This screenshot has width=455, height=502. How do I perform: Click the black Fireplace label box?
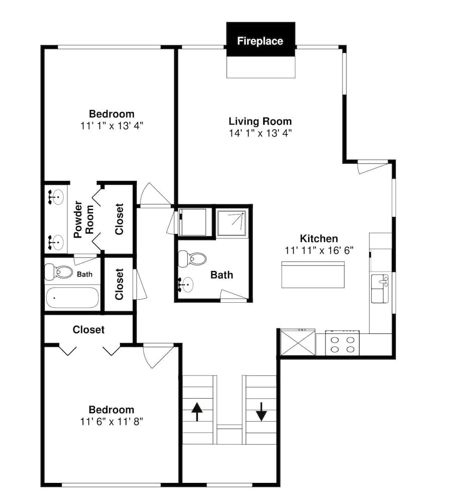(x=261, y=39)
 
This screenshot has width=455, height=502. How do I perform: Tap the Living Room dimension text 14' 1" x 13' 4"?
(x=260, y=133)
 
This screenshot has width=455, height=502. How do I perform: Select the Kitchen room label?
(x=319, y=238)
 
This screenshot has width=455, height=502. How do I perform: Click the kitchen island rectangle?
(x=313, y=275)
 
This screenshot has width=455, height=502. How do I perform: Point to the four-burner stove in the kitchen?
(x=343, y=343)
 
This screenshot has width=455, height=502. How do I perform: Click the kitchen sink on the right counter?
(x=380, y=289)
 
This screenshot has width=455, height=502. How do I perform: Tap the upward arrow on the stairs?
(x=197, y=412)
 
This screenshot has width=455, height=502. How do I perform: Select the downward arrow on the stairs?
(x=261, y=412)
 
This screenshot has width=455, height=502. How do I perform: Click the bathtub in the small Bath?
(x=72, y=298)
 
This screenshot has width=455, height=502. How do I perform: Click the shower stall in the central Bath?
(x=233, y=223)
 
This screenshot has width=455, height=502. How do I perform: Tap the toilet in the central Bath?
(x=192, y=259)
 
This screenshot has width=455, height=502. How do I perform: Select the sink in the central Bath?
(x=186, y=284)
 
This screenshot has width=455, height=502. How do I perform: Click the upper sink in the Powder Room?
(x=56, y=197)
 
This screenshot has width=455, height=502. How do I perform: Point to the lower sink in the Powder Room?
(x=56, y=242)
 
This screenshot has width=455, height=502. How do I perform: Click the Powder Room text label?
(x=83, y=219)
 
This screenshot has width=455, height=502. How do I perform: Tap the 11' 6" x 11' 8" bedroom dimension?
(x=111, y=422)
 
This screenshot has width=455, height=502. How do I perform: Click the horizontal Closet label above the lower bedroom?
(x=89, y=330)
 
